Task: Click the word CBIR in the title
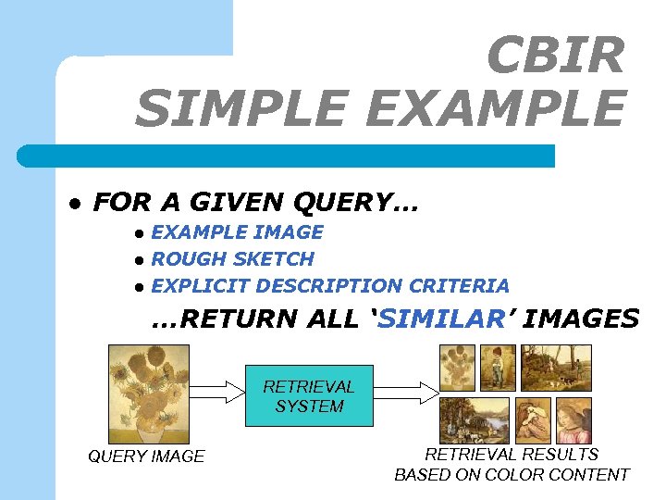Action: pos(555,56)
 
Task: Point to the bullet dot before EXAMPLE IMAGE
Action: pos(138,233)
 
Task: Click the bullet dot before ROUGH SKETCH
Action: pos(138,260)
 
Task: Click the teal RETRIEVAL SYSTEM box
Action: pos(309,396)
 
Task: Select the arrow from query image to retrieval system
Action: pos(217,393)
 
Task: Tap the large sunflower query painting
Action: pos(149,394)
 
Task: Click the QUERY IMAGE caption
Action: pos(146,456)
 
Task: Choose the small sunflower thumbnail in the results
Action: pos(457,368)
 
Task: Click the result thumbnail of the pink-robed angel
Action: pos(571,420)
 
